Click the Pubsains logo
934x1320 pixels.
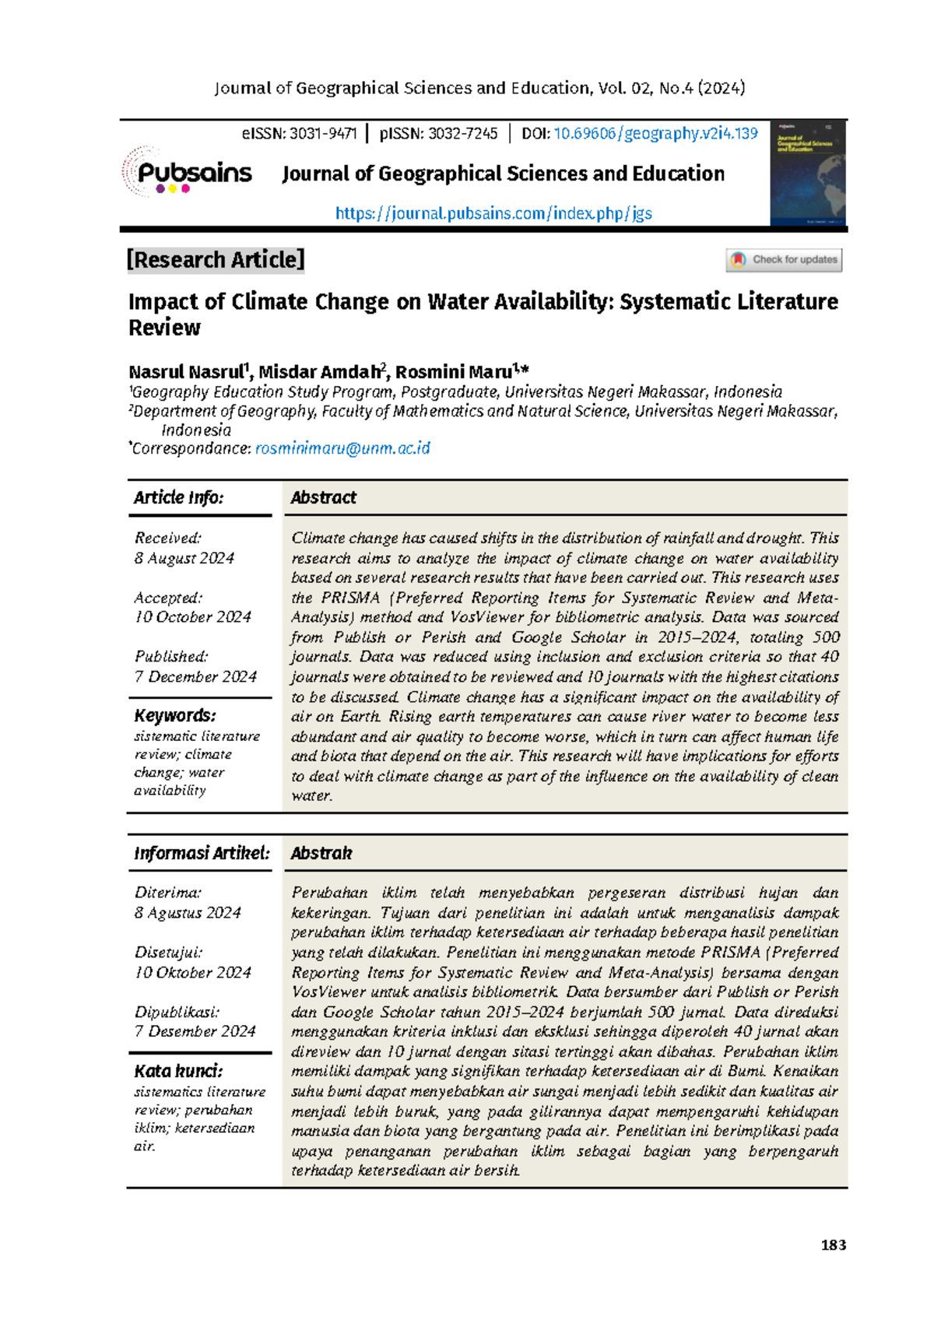(188, 172)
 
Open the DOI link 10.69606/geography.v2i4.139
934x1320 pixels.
(655, 134)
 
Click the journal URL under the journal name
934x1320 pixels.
(493, 213)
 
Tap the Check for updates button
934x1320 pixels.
(784, 260)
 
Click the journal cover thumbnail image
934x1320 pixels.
(807, 174)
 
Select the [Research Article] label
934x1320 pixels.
(216, 260)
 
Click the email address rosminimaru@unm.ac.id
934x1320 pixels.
(342, 449)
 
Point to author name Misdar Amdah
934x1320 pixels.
(319, 372)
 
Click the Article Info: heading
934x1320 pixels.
(178, 498)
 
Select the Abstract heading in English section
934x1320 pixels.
(323, 498)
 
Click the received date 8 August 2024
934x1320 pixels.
(184, 558)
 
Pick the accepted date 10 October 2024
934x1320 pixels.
(193, 617)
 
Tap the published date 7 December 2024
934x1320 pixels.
(195, 677)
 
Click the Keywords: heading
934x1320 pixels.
(175, 716)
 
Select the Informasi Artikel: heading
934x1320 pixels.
(202, 854)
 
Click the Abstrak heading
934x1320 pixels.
(321, 854)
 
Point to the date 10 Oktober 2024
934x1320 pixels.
(193, 973)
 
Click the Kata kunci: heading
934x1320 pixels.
(178, 1072)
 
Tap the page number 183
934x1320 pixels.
(833, 1245)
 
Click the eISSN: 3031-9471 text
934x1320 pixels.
(299, 134)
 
